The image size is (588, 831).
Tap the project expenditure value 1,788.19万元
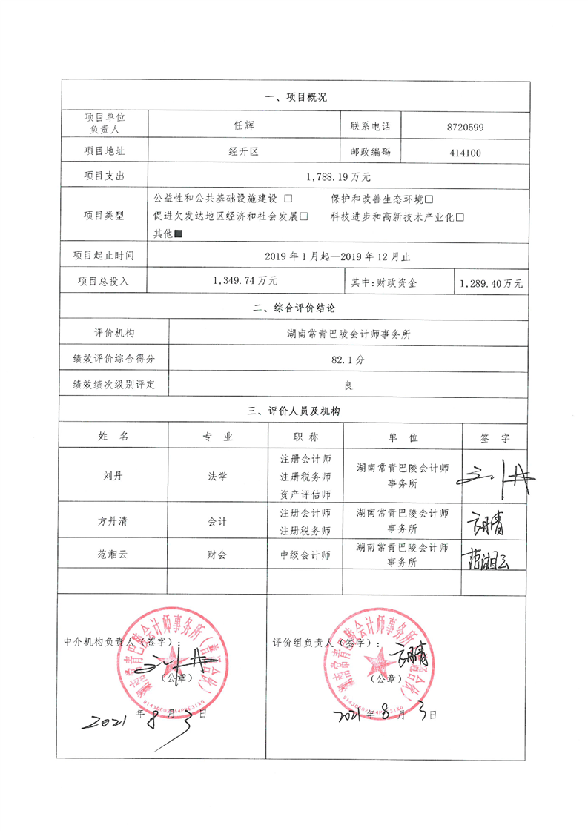pyautogui.click(x=338, y=176)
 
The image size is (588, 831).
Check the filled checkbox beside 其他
pyautogui.click(x=178, y=234)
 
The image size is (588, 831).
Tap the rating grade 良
pyautogui.click(x=348, y=385)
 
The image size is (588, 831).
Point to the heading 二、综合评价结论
pyautogui.click(x=294, y=308)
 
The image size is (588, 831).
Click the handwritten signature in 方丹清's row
pyautogui.click(x=485, y=522)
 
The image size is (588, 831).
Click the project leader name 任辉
pyautogui.click(x=244, y=127)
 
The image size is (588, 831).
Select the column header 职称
pyautogui.click(x=305, y=437)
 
